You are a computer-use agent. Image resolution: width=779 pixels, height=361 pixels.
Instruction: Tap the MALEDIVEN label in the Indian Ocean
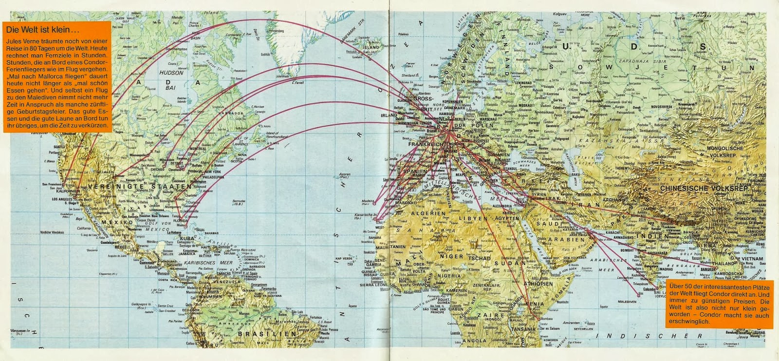pyautogui.click(x=627, y=302)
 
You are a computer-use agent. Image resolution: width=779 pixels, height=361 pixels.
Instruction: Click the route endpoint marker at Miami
pyautogui.click(x=185, y=226)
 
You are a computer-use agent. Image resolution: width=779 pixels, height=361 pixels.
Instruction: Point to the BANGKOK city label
pyautogui.click(x=708, y=268)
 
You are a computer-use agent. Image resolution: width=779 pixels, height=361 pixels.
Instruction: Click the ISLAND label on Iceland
pyautogui.click(x=371, y=47)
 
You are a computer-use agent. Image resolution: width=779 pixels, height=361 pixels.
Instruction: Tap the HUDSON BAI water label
pyautogui.click(x=171, y=80)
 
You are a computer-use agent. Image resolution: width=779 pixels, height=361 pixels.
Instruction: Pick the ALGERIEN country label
pyautogui.click(x=428, y=213)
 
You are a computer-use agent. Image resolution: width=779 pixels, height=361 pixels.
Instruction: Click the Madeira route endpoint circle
pyautogui.click(x=375, y=203)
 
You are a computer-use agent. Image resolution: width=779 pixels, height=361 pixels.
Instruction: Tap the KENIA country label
pyautogui.click(x=534, y=304)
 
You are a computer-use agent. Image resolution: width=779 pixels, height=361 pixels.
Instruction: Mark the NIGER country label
pyautogui.click(x=451, y=256)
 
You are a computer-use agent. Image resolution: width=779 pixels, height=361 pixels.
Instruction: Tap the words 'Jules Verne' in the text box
pyautogui.click(x=22, y=41)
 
